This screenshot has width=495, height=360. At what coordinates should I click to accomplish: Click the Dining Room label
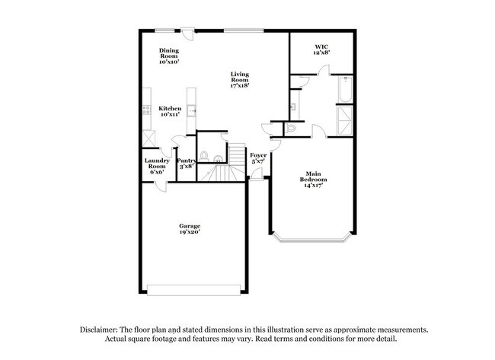169,52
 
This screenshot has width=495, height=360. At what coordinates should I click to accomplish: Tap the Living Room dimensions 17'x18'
240,86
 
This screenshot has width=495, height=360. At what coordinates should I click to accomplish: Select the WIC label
322,48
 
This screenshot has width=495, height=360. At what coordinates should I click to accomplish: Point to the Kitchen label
170,109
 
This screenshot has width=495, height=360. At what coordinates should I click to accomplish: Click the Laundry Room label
157,163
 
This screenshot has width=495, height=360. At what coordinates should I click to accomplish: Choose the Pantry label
187,161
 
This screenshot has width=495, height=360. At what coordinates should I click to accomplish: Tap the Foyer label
259,155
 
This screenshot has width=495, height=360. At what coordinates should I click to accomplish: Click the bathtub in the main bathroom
344,91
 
